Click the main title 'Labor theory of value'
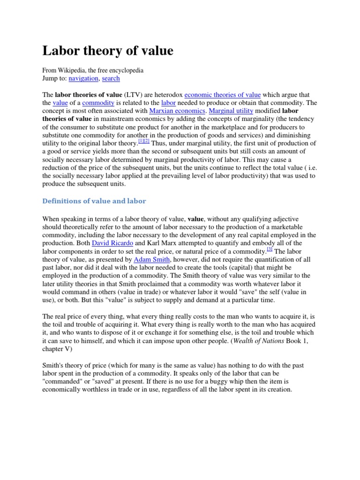[108, 51]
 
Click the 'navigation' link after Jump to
[83, 78]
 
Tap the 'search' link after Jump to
[111, 78]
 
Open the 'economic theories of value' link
[223, 95]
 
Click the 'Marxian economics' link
[177, 111]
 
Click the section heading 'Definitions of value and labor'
[94, 201]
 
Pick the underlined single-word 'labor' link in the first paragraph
[168, 103]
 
